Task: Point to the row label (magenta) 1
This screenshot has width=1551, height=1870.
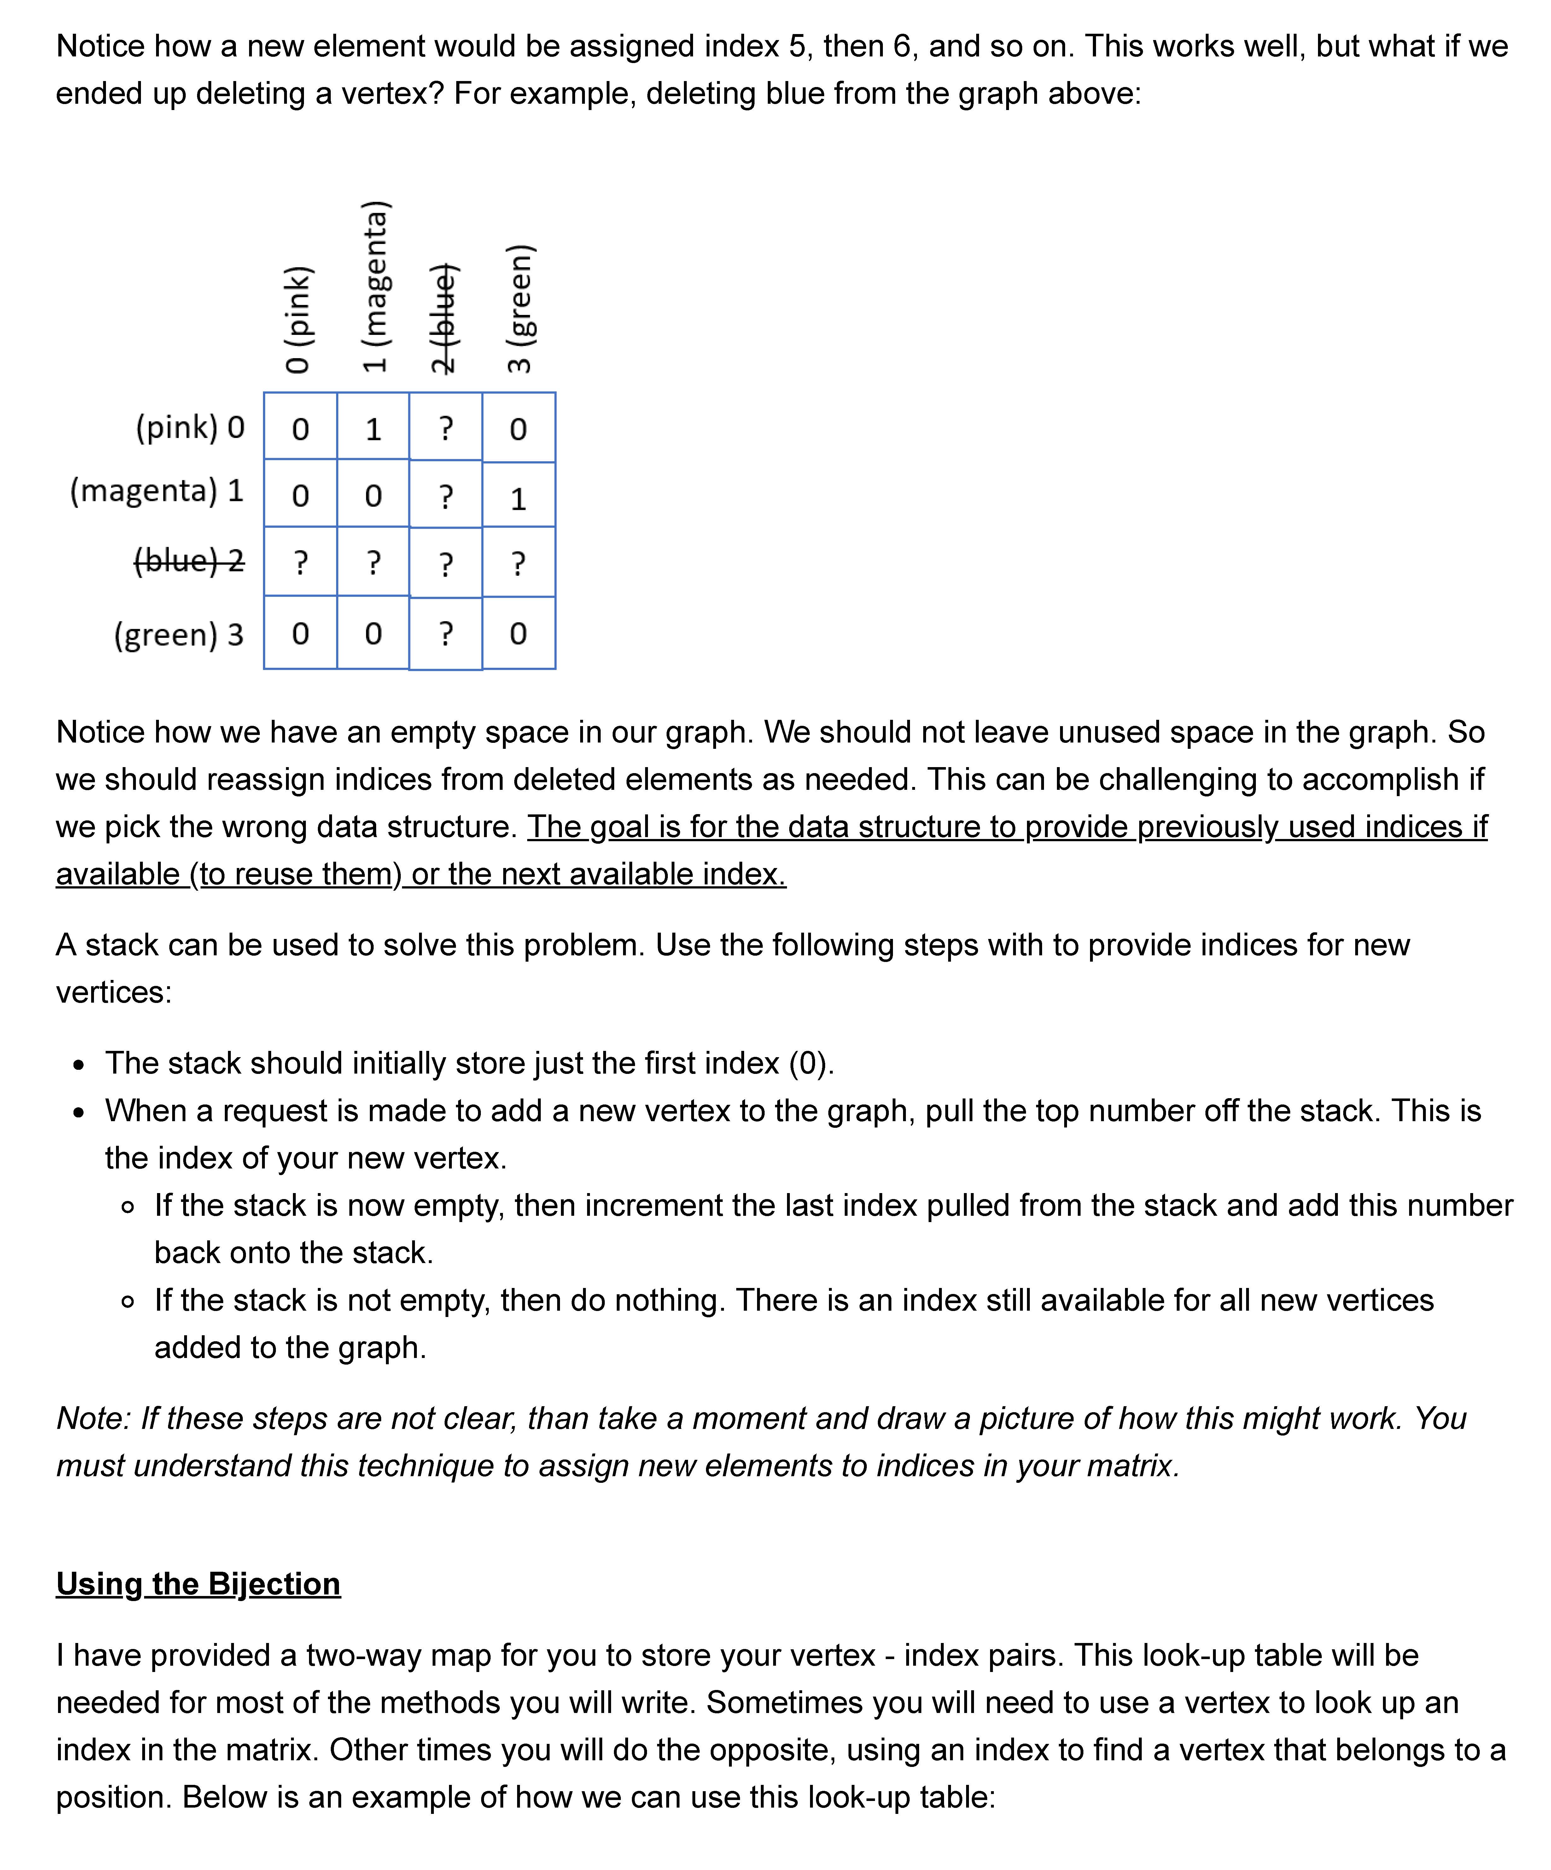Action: click(x=157, y=491)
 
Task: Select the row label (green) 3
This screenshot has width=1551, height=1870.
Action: click(x=178, y=634)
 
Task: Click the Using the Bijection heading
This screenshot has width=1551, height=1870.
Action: click(x=198, y=1583)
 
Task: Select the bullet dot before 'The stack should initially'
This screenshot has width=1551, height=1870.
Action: click(x=80, y=1065)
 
